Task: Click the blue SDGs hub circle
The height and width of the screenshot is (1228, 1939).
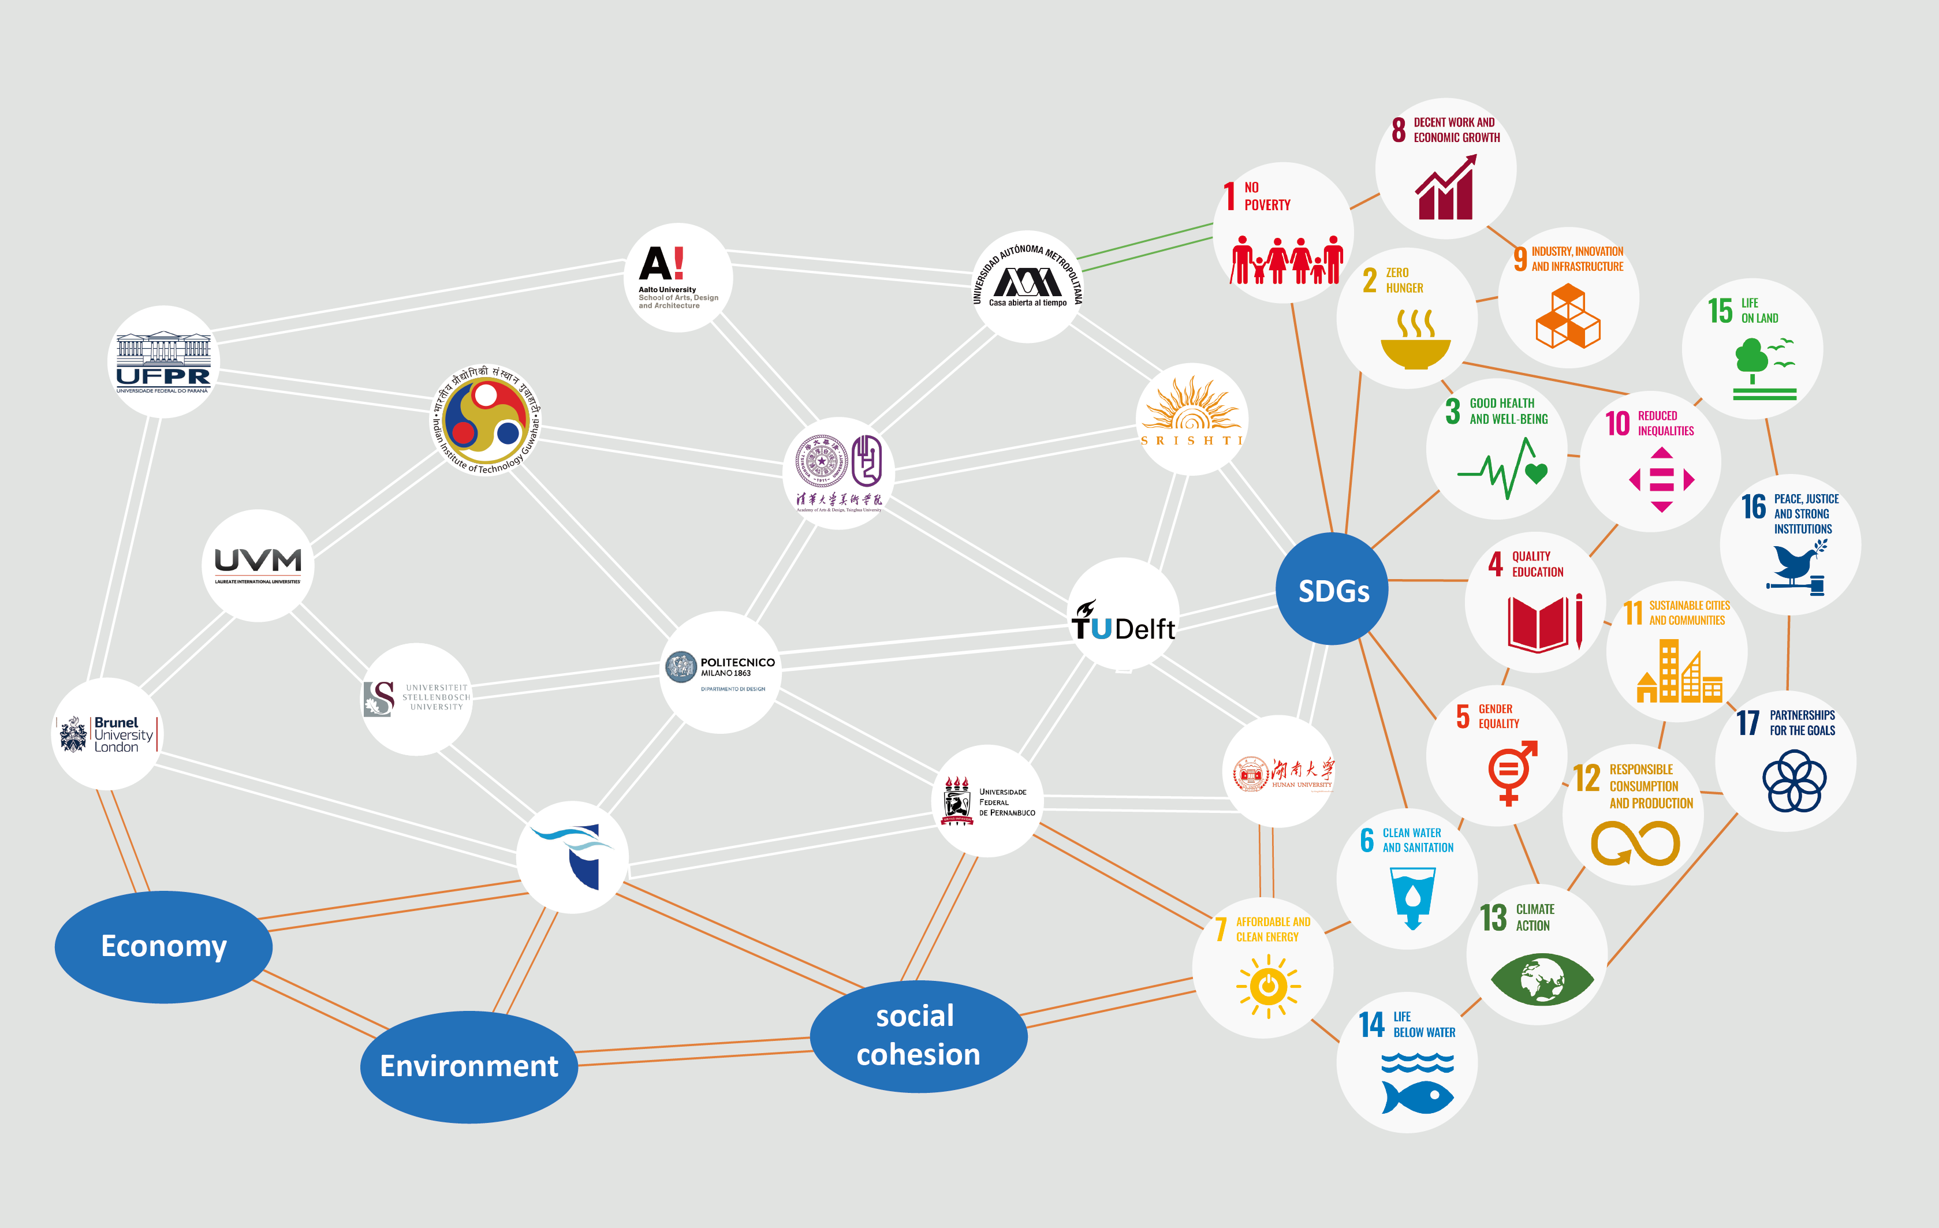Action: point(1332,589)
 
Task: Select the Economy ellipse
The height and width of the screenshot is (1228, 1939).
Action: point(163,946)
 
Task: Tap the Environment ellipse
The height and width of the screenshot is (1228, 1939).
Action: point(469,1066)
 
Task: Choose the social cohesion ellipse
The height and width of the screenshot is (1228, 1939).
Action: point(918,1036)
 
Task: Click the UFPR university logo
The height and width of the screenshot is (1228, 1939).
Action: point(163,361)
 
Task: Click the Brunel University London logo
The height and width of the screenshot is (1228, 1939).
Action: point(106,734)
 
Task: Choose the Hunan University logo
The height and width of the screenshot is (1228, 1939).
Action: point(1282,774)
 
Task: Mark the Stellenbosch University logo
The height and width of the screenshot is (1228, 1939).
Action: point(416,697)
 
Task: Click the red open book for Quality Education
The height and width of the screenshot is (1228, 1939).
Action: point(1539,624)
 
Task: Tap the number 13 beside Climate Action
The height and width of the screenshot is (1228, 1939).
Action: point(1494,918)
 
